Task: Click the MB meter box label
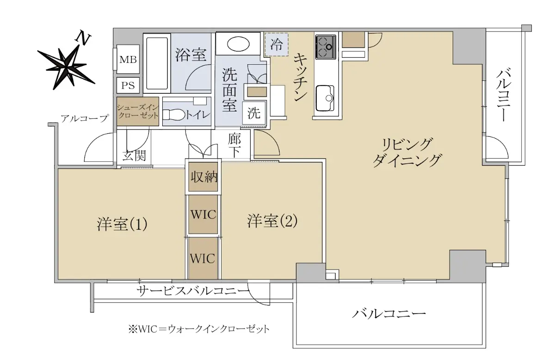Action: tap(128, 60)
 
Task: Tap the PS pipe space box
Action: tap(128, 85)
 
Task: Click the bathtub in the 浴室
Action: tap(157, 63)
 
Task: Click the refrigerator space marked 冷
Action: tap(276, 44)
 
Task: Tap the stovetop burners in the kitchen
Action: tap(326, 47)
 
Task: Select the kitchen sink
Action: tap(325, 98)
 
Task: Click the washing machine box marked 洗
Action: tap(254, 113)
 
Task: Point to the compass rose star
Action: tap(66, 67)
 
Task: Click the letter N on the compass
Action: tap(83, 38)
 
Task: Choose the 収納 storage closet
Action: tap(203, 177)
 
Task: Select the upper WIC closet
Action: tap(203, 214)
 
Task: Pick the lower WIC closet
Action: tap(203, 258)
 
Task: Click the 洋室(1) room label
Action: tap(122, 224)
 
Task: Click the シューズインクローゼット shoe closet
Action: tap(138, 111)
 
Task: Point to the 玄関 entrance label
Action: tap(134, 156)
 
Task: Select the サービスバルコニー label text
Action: tap(193, 291)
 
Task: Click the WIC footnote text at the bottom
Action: tap(199, 329)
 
